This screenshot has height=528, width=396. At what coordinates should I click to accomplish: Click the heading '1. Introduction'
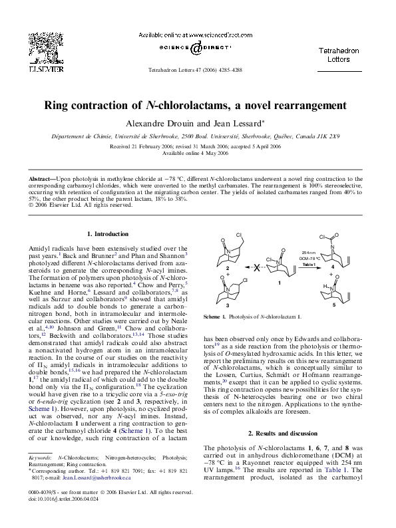click(108, 233)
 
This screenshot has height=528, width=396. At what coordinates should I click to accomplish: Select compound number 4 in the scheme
click(333, 266)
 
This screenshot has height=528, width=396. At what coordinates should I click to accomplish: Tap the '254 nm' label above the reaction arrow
click(307, 253)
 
